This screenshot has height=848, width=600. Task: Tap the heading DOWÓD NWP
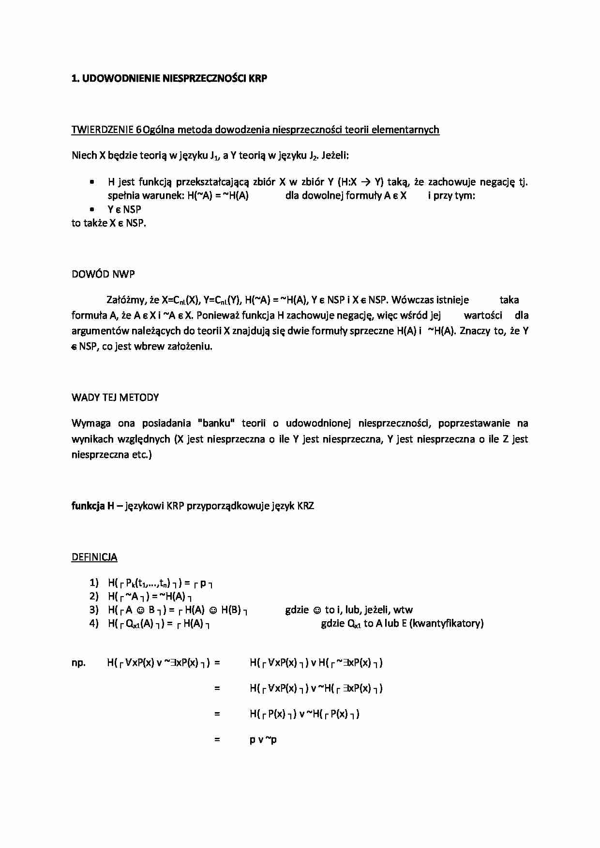click(x=103, y=274)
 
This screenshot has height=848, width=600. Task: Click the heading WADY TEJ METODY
click(x=115, y=397)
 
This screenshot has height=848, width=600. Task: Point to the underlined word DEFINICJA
click(x=94, y=557)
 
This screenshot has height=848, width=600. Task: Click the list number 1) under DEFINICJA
click(x=94, y=583)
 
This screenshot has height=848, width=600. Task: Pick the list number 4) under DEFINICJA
click(x=94, y=623)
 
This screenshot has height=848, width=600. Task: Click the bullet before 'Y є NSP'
click(x=91, y=209)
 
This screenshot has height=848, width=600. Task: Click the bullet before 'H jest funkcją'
click(x=91, y=182)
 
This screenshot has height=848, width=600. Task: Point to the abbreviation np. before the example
click(x=78, y=663)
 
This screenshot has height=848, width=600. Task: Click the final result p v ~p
click(x=263, y=740)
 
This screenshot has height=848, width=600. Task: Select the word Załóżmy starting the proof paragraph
click(x=126, y=300)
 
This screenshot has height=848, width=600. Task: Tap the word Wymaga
click(x=89, y=424)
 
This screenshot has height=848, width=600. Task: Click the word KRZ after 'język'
click(x=305, y=506)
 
